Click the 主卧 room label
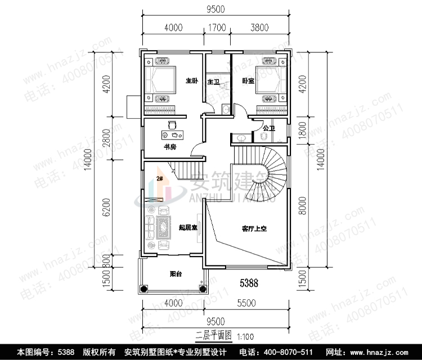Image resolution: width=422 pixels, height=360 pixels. (x=192, y=81)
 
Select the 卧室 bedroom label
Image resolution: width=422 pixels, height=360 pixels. (x=248, y=81)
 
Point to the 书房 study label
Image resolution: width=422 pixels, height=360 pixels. (x=170, y=147)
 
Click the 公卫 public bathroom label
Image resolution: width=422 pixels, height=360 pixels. (x=268, y=129)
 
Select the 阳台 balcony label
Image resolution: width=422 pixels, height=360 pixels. (x=175, y=274)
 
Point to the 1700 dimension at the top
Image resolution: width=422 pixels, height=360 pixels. (x=217, y=27)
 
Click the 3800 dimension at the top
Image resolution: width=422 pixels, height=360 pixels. (x=259, y=27)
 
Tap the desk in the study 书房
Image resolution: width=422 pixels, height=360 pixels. (x=173, y=135)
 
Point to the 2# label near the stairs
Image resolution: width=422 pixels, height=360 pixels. (x=160, y=179)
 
